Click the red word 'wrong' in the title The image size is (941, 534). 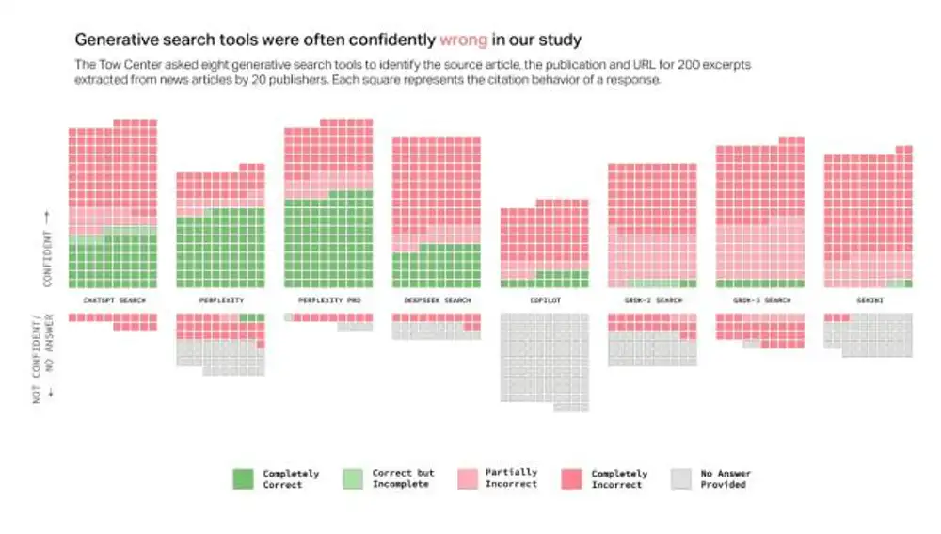coord(463,40)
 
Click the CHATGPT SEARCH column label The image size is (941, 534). coord(114,300)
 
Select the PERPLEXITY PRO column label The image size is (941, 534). coord(328,300)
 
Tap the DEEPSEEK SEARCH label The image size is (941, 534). coord(437,300)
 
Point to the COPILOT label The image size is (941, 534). coord(544,300)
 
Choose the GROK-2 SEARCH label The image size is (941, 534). coord(651,300)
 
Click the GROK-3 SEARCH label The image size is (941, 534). coord(759,300)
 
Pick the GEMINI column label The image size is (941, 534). coord(868,300)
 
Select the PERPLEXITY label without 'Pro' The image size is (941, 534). coord(221,300)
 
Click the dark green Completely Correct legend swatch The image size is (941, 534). coord(244,478)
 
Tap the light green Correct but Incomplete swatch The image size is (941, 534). coord(353,478)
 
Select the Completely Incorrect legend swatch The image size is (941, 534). coord(572,478)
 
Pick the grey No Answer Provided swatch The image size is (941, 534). coord(682,478)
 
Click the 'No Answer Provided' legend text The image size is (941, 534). coord(726,478)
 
